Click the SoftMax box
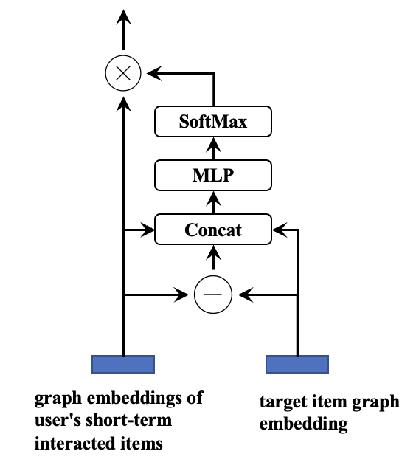(213, 122)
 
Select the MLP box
(213, 176)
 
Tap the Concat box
(213, 230)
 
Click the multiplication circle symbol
(122, 72)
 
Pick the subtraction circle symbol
(212, 295)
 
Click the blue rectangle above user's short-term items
(122, 364)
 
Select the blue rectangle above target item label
(297, 364)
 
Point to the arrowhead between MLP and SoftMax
(213, 143)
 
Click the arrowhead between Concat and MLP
(213, 197)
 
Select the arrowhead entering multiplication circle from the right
(151, 72)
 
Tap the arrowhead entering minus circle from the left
(184, 295)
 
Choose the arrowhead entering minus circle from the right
(242, 295)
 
